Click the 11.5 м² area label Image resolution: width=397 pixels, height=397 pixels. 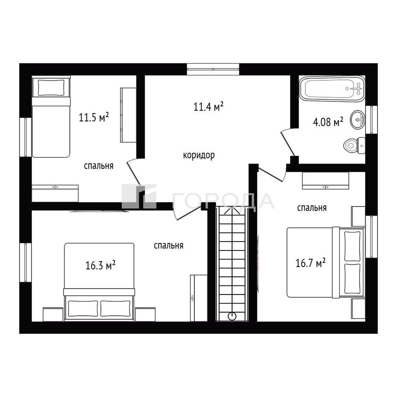click(x=94, y=117)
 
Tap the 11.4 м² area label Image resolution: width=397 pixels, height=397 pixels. click(x=209, y=106)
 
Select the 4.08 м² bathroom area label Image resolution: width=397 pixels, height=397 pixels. click(x=328, y=122)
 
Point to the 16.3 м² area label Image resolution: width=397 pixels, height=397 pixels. click(x=101, y=265)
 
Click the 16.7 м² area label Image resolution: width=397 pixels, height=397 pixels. click(x=310, y=263)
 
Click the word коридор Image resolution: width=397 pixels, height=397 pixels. click(x=199, y=155)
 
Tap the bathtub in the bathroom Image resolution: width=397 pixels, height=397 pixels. click(x=332, y=89)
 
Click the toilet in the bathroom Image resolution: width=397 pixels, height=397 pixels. click(x=354, y=146)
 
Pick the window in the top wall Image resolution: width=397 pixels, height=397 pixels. click(x=213, y=69)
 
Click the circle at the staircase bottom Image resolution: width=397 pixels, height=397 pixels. click(x=232, y=316)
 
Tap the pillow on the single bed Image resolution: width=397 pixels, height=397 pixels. click(x=51, y=88)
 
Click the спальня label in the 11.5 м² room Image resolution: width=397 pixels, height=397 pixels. click(x=99, y=166)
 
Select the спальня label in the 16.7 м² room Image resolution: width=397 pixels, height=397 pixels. click(x=312, y=208)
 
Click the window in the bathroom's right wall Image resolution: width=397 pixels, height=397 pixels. click(x=371, y=119)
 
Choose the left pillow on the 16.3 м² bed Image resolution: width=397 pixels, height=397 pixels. click(x=83, y=308)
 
